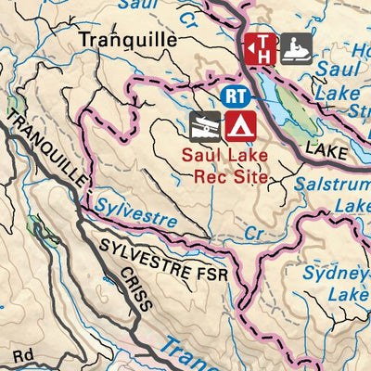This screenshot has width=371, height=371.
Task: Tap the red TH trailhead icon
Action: [x=261, y=46]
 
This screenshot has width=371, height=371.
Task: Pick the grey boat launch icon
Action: [x=205, y=125]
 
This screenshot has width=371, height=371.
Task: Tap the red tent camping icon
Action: [x=240, y=125]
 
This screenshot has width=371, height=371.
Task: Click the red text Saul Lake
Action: [x=224, y=155]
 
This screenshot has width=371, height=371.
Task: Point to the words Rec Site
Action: [x=224, y=175]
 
